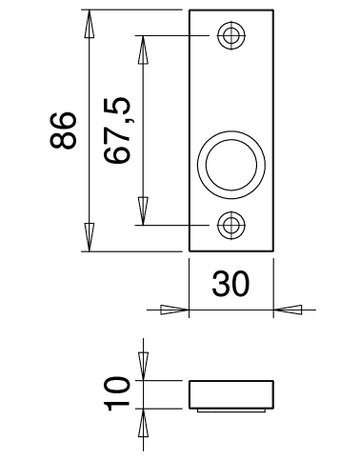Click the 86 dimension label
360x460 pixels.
pyautogui.click(x=63, y=130)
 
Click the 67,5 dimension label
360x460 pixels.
pyautogui.click(x=116, y=130)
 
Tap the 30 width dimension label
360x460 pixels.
pyautogui.click(x=231, y=284)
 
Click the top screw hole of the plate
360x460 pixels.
pyautogui.click(x=231, y=35)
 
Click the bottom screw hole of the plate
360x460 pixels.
pyautogui.click(x=231, y=225)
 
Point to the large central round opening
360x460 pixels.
pyautogui.click(x=231, y=165)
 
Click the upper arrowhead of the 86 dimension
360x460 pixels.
pyautogui.click(x=89, y=24)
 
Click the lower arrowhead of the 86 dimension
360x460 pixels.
pyautogui.click(x=89, y=237)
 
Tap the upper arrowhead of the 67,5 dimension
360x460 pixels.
pyautogui.click(x=143, y=50)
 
